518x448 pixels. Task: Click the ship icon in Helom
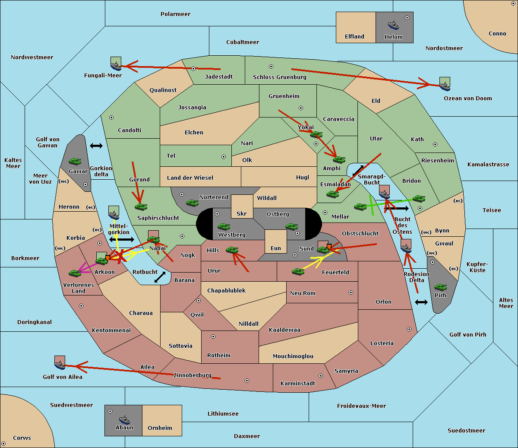click(393, 25)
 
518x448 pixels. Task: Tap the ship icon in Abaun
click(124, 419)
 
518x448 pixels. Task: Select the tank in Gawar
click(75, 161)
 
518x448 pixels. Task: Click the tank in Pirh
click(440, 287)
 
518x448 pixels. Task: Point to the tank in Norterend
click(192, 203)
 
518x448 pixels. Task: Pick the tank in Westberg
click(224, 226)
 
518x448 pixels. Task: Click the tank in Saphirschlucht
click(141, 207)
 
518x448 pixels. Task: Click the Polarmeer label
click(175, 14)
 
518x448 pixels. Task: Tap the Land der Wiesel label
click(190, 178)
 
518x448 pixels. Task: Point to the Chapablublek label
click(226, 290)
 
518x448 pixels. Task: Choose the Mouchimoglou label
click(293, 356)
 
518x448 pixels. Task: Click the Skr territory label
click(241, 213)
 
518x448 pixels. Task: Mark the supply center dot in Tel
click(224, 157)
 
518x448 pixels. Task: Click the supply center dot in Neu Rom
click(351, 292)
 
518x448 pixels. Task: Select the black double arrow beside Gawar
click(96, 146)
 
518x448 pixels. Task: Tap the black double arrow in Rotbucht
click(160, 277)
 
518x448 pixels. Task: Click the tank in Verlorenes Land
click(75, 273)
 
